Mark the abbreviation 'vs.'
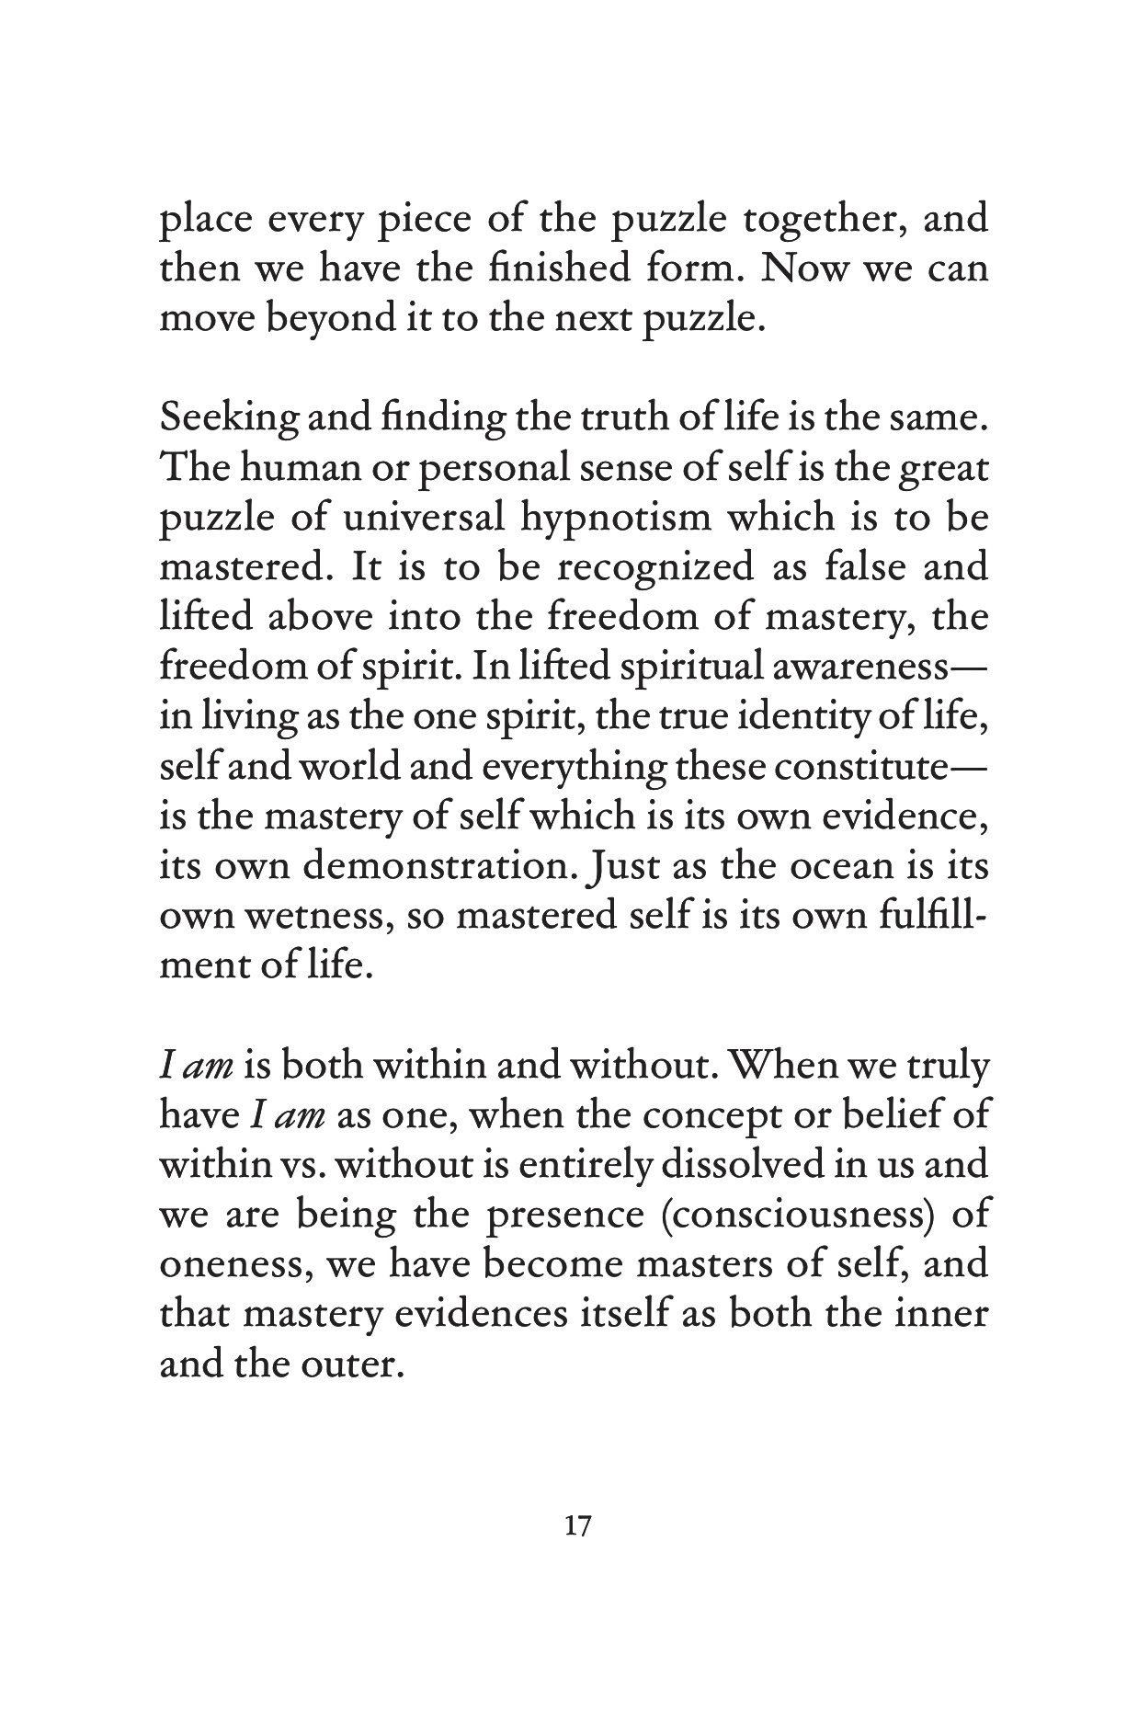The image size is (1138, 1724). (x=289, y=1165)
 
